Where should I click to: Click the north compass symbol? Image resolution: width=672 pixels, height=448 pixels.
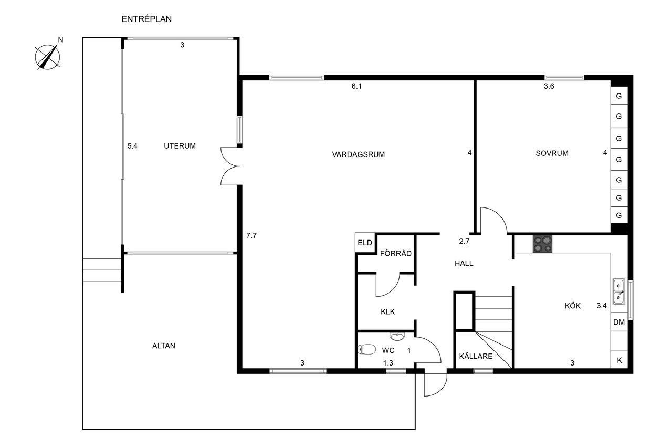click(x=48, y=57)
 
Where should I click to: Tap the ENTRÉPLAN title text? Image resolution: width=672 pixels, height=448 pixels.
click(x=146, y=19)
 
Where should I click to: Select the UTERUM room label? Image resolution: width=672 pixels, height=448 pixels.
click(x=180, y=146)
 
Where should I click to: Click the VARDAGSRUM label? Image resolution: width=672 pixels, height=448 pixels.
click(x=358, y=154)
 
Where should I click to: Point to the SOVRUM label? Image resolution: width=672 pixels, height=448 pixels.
click(x=552, y=153)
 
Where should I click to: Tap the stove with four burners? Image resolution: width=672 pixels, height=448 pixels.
click(x=542, y=244)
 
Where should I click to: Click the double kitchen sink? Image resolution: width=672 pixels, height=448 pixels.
click(x=618, y=291)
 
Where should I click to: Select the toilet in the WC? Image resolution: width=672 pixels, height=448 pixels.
click(x=366, y=349)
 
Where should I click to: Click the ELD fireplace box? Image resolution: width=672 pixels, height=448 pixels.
click(x=365, y=243)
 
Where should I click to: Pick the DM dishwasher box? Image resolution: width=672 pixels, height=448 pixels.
click(x=619, y=322)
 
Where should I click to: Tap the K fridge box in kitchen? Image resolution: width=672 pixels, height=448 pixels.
click(x=619, y=360)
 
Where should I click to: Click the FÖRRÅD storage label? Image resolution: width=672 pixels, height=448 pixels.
click(x=396, y=253)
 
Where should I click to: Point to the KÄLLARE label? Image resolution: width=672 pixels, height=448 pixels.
click(x=476, y=356)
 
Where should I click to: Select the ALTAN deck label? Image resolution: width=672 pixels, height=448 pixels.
click(x=163, y=346)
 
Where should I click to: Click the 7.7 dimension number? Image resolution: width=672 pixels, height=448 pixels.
click(x=251, y=235)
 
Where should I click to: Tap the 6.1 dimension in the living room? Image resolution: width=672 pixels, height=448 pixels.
click(x=356, y=87)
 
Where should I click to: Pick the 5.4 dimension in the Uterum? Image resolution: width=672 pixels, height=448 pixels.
click(x=132, y=146)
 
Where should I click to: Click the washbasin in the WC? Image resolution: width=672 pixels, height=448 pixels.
click(x=397, y=336)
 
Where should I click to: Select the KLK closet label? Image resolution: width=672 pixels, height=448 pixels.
click(x=387, y=312)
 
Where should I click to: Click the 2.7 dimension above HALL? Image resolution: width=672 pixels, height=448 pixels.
click(x=464, y=242)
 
